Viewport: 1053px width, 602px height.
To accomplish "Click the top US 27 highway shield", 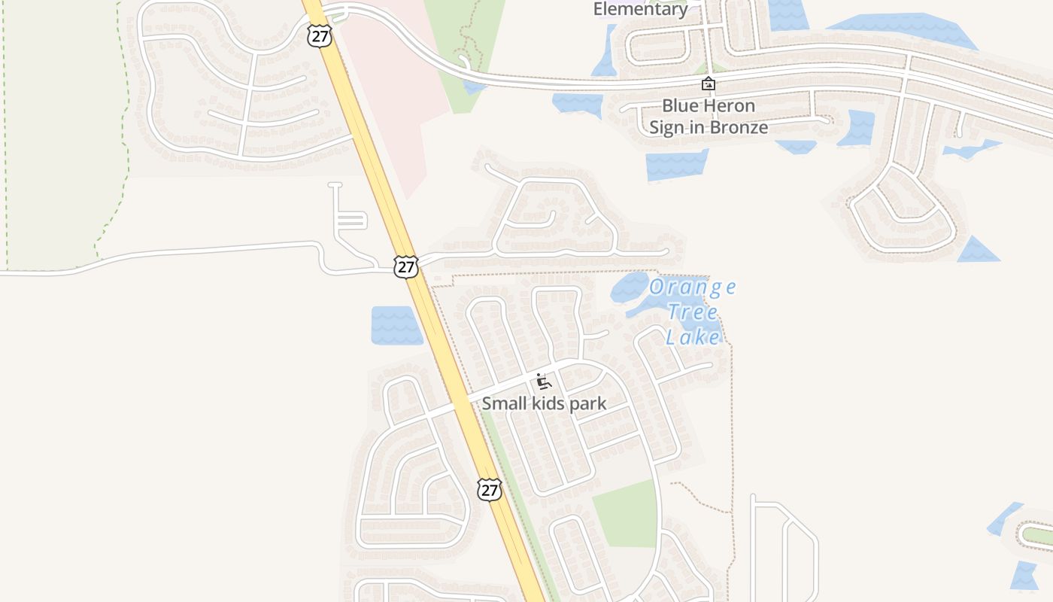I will point(320,35).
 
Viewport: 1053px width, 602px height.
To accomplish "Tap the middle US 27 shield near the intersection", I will point(405,266).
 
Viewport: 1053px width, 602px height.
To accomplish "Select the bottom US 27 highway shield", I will point(489,490).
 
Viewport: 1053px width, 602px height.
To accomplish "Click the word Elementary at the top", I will point(640,9).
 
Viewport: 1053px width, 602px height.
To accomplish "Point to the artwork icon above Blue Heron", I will point(708,84).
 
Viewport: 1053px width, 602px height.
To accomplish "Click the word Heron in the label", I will point(728,105).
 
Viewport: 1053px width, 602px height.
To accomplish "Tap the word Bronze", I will point(739,127).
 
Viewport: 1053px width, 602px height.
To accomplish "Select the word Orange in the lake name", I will point(692,287).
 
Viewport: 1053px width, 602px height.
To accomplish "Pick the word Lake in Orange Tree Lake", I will point(693,337).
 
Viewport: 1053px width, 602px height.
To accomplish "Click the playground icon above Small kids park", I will point(543,382).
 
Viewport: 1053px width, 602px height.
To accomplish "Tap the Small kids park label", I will point(544,404).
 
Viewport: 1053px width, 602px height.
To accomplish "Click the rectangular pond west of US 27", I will point(397,325).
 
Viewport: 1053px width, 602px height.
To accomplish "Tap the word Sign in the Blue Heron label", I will point(666,127).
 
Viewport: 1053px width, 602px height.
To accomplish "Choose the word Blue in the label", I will point(680,105).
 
